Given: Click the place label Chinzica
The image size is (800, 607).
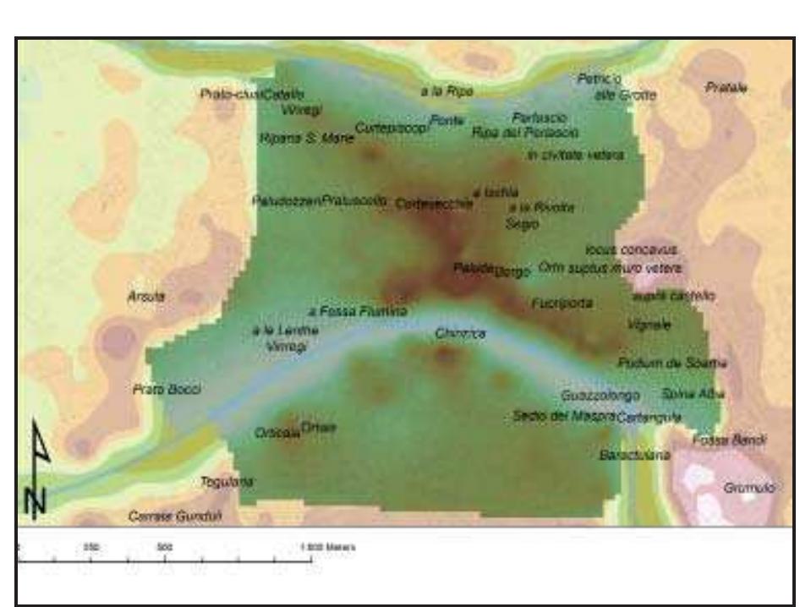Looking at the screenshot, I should tap(460, 334).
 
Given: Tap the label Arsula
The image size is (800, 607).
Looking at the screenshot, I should tap(145, 297).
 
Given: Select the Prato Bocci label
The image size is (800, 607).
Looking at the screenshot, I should tap(166, 390).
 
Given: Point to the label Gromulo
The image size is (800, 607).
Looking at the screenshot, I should tap(744, 488).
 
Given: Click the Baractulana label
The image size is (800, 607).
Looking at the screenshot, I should tap(634, 455).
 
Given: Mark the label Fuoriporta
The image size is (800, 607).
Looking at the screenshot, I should tap(562, 302).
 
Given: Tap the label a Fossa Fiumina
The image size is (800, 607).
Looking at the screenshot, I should tap(359, 311).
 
